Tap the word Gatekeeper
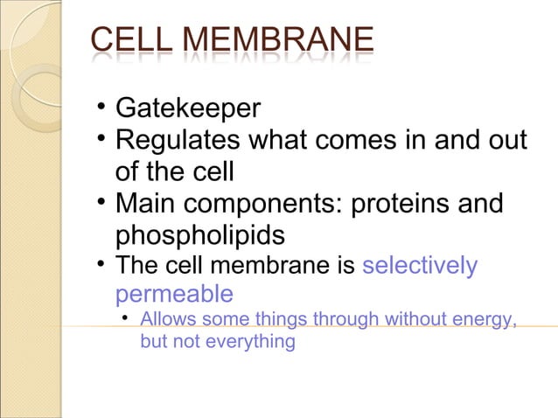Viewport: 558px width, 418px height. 188,109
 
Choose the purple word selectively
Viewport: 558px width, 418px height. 420,265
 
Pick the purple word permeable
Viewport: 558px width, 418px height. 174,292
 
